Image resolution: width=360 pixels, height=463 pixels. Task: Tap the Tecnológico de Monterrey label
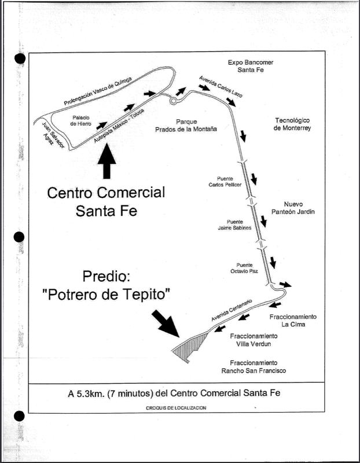coord(293,124)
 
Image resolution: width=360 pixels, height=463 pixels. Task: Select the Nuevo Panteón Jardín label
coord(299,208)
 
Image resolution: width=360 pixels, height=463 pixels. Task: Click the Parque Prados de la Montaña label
coord(186,126)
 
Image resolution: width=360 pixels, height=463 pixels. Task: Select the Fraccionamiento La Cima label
coord(293,321)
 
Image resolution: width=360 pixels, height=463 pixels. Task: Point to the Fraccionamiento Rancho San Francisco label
coord(254,366)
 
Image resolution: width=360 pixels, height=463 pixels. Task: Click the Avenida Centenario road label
coord(230,312)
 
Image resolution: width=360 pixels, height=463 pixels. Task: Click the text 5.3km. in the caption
coord(89,394)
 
